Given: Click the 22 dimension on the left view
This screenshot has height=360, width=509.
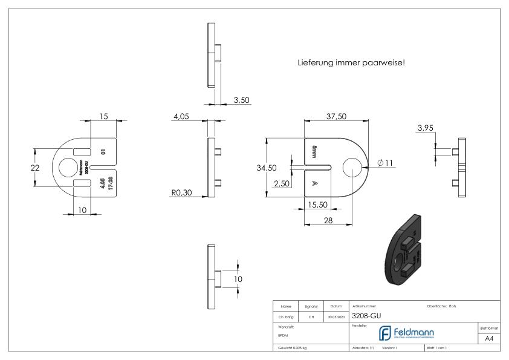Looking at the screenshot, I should pos(36,168).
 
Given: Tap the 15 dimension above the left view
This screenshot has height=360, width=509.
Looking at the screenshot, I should pos(103,116).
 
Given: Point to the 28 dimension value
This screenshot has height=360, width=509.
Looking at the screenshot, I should pos(328,220).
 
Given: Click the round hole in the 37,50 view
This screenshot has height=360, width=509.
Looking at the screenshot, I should pos(352,168).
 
